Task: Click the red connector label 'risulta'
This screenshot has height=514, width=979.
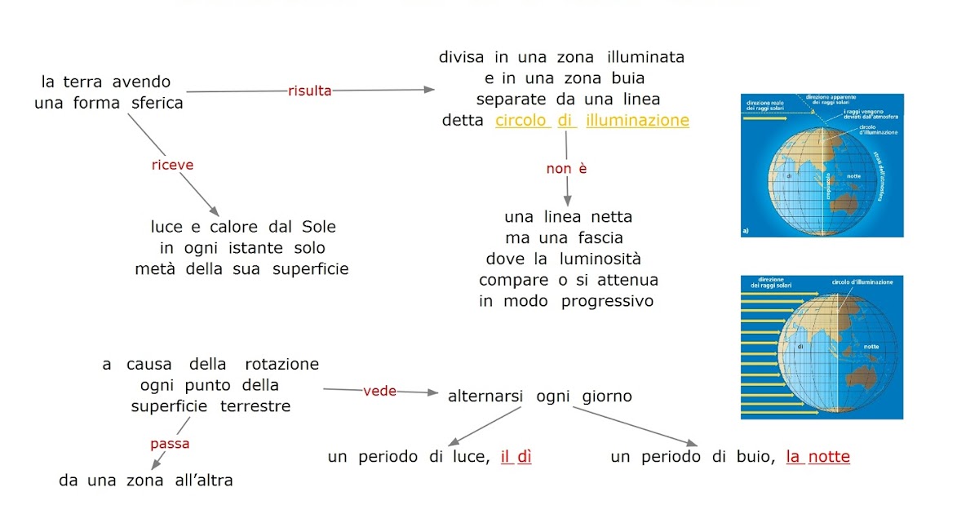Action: point(310,91)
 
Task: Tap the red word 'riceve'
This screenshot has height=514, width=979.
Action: point(173,165)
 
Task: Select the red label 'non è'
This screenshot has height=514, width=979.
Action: point(566,169)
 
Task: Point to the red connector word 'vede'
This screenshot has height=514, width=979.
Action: point(379,391)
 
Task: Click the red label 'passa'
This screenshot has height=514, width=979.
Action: point(170,444)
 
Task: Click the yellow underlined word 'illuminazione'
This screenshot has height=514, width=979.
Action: point(637,121)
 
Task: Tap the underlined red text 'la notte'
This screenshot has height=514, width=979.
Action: point(817,457)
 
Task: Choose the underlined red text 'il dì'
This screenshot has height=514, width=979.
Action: point(516,457)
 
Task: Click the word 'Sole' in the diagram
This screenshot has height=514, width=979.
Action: point(318,227)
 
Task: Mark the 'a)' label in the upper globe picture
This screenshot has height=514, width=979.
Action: point(746,231)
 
